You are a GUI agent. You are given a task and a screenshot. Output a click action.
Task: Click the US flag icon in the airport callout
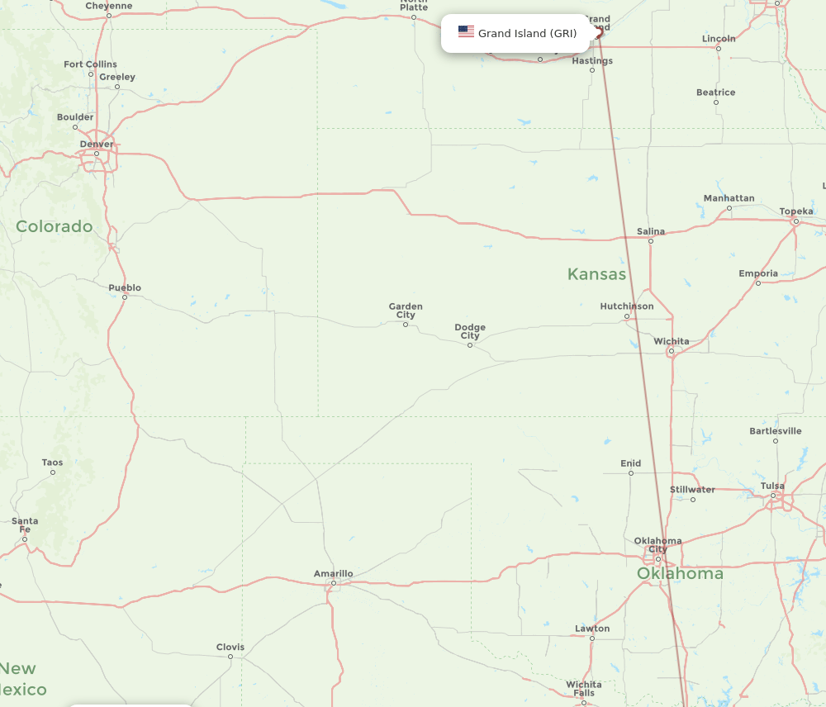[466, 33]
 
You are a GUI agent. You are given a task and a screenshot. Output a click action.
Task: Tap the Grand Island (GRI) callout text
[527, 34]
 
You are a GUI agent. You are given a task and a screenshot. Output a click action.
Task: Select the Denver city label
[97, 145]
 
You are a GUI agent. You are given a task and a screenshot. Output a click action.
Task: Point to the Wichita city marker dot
[672, 352]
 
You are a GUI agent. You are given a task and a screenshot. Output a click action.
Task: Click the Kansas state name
[596, 274]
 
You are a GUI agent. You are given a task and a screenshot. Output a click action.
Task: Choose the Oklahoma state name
[680, 573]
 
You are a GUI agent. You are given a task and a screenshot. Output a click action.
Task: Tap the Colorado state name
[55, 226]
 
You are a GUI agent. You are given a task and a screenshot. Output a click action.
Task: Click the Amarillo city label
[333, 573]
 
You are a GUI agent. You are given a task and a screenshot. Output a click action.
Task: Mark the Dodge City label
[470, 331]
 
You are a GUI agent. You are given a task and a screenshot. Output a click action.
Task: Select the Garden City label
[406, 311]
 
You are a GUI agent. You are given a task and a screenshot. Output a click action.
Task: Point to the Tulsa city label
[772, 486]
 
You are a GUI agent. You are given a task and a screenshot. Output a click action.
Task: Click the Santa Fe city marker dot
[25, 539]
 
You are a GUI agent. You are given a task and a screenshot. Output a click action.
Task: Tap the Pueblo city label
[125, 287]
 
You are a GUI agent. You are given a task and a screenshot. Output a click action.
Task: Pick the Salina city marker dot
[651, 241]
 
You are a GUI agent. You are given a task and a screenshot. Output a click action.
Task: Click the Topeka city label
[796, 211]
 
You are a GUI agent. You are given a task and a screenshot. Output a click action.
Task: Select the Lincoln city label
[719, 39]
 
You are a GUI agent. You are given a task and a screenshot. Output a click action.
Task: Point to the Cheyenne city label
[109, 6]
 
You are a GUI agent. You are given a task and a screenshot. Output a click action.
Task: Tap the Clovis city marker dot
[230, 657]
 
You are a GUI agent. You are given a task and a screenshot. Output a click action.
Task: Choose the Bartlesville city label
[775, 431]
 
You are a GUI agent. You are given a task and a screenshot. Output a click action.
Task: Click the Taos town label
[52, 463]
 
